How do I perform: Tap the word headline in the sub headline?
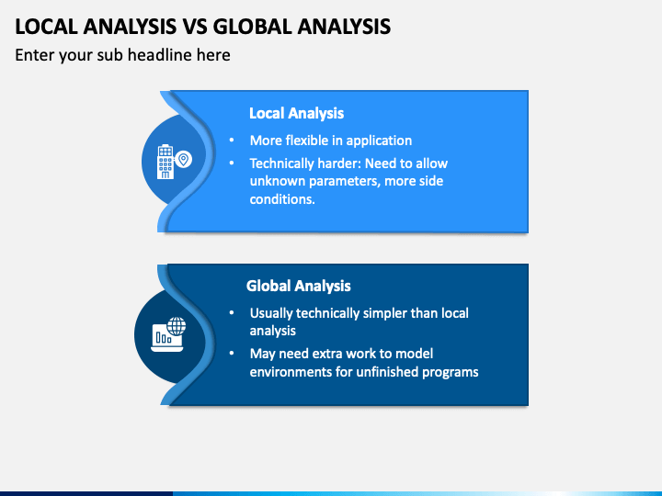click(165, 55)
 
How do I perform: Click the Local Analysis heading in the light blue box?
click(296, 113)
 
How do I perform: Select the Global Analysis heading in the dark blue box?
click(298, 286)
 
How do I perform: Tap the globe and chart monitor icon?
click(168, 333)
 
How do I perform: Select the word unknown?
click(277, 181)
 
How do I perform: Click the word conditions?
click(282, 198)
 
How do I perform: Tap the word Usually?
click(274, 313)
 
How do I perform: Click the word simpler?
click(376, 313)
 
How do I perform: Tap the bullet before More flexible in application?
click(232, 141)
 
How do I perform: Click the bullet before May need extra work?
click(232, 354)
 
